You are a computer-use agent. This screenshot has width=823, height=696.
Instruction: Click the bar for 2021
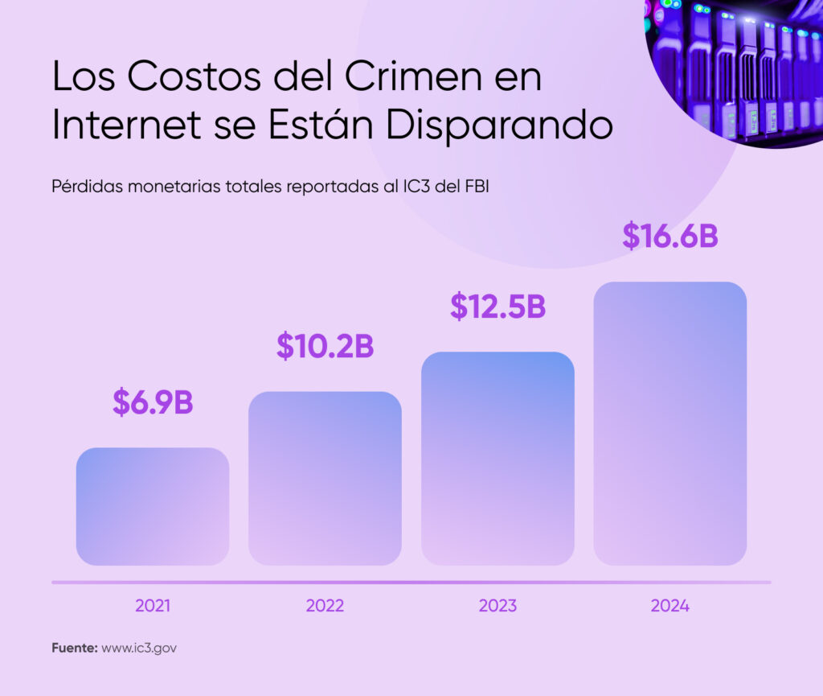153,506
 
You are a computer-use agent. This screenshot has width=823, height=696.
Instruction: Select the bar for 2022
325,478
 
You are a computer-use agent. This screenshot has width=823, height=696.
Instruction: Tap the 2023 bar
497,458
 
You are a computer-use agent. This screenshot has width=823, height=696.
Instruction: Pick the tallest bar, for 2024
670,423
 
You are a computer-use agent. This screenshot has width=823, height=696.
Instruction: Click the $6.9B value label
153,402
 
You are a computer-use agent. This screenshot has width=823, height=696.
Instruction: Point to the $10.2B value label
325,345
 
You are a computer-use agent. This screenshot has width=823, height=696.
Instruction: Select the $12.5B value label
497,307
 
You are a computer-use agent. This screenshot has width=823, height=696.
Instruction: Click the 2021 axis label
153,606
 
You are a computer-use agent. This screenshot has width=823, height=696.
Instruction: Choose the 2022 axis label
325,606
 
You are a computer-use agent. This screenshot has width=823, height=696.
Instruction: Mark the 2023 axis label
497,606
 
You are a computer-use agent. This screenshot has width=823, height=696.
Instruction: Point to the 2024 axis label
670,606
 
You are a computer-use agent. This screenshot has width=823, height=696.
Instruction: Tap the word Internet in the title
132,126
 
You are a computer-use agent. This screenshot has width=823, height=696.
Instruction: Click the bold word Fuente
74,648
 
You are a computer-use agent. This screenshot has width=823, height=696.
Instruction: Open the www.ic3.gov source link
139,648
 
